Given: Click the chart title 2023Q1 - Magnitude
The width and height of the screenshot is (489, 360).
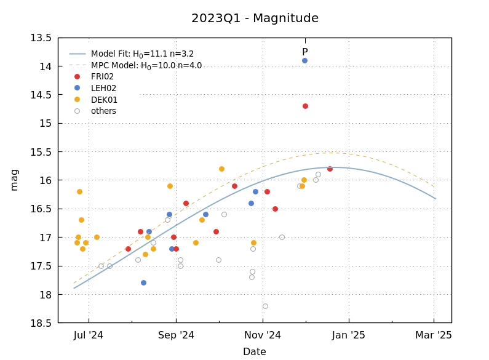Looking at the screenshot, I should (x=255, y=18).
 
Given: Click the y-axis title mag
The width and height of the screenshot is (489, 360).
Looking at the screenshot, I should (x=14, y=180).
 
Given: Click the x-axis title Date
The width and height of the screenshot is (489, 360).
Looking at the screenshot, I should (x=254, y=352).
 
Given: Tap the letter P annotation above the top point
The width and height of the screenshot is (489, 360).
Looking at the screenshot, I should (x=304, y=52).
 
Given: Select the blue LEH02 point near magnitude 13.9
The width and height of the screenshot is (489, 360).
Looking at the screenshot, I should (x=304, y=60).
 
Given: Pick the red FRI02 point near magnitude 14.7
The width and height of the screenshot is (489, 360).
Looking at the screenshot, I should (x=305, y=106).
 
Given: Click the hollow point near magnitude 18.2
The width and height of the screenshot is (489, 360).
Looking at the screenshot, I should (x=265, y=306).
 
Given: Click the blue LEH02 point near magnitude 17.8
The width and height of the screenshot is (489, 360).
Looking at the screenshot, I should (x=143, y=282).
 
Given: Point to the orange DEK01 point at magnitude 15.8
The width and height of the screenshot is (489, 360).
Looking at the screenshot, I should (x=221, y=169).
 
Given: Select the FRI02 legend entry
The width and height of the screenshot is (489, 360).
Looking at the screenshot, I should (x=102, y=77).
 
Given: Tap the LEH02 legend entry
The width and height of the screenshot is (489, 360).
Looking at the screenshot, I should (x=103, y=88).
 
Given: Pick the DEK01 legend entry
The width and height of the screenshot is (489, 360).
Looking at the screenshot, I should (x=104, y=100).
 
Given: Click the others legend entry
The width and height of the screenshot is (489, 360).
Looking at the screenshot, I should (x=103, y=111).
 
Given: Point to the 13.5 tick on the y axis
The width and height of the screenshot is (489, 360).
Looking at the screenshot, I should (x=41, y=38).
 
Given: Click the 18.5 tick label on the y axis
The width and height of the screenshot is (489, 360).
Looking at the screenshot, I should (x=41, y=322).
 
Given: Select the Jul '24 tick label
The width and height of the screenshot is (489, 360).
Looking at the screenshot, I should (x=89, y=335).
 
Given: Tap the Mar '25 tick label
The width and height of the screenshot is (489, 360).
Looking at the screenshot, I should (x=434, y=335).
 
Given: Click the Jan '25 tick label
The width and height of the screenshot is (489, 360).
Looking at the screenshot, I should (x=349, y=335).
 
